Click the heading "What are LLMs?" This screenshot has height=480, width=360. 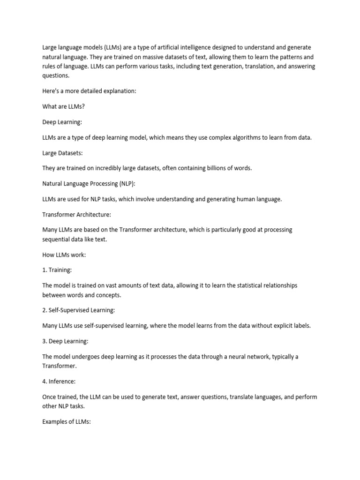point(63,106)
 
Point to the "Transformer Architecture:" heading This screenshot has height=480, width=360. point(76,214)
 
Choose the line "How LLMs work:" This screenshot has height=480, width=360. point(64,255)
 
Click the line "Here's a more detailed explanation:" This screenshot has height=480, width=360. point(89,91)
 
